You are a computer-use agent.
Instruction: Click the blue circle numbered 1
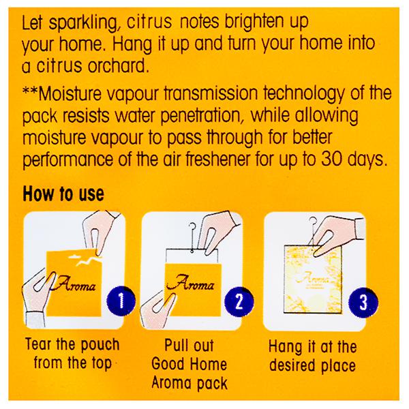coord(121,301)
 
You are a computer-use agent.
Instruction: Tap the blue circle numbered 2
coord(239,301)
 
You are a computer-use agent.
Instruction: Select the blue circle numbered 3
coord(363,302)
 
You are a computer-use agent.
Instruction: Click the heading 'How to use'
coord(63,194)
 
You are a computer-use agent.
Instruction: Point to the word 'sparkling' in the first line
coord(83,23)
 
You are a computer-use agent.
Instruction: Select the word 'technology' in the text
coord(303,95)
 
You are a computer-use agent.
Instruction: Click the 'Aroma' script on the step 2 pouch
coord(191,284)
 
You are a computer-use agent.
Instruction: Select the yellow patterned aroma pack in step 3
coord(312,279)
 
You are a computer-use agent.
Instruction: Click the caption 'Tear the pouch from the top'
coord(72,353)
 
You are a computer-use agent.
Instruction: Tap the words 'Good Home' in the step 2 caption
coord(190,364)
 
